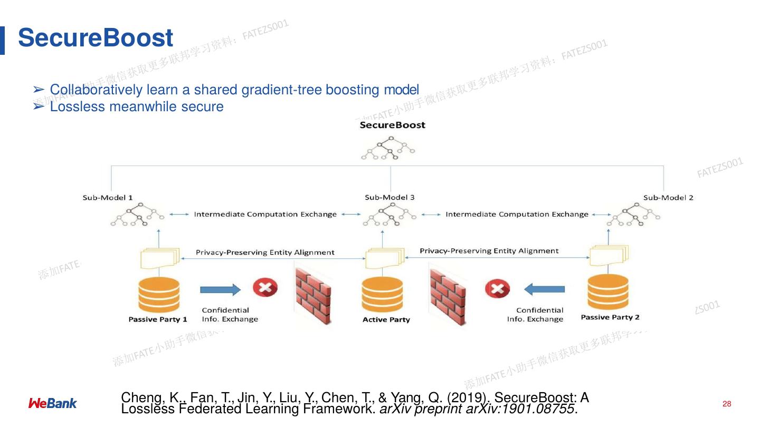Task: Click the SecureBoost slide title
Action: point(96,38)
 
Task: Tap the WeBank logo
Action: point(52,404)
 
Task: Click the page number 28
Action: point(727,404)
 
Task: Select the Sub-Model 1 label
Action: point(108,198)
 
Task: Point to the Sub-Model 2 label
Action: point(668,198)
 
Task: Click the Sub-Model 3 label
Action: point(389,197)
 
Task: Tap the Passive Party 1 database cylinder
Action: point(158,296)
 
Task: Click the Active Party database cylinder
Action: point(382,295)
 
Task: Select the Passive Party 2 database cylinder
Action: point(608,293)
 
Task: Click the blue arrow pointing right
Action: point(220,289)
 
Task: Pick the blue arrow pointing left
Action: point(545,288)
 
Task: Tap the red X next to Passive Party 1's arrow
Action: point(265,288)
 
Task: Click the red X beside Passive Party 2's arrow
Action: point(497,288)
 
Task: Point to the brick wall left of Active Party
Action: point(312,295)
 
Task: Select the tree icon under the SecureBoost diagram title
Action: point(389,148)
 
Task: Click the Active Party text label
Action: point(386,319)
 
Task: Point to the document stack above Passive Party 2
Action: point(609,255)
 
